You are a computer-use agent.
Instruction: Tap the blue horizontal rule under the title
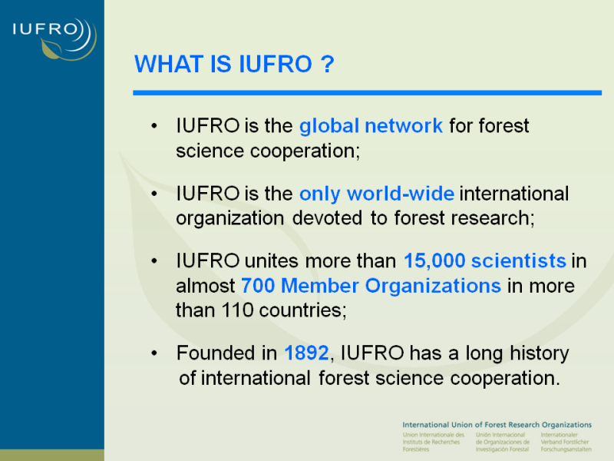click(x=367, y=93)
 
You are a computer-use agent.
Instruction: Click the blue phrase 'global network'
click(x=371, y=126)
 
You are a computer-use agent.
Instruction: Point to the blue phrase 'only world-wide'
click(x=377, y=194)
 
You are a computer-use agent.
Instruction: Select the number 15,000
click(x=434, y=260)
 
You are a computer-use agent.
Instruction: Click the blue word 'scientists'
click(x=519, y=260)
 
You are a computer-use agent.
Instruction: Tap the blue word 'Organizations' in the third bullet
click(x=433, y=286)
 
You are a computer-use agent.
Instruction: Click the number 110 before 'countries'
click(x=237, y=310)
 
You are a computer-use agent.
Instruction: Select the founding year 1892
click(x=306, y=353)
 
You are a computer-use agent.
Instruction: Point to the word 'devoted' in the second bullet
click(x=327, y=218)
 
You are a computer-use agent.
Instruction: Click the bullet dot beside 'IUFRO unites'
click(x=154, y=261)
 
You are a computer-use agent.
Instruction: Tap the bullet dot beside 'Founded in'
click(x=154, y=353)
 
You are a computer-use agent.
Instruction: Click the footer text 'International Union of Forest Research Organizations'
click(x=497, y=425)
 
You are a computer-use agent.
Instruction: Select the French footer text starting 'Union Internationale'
click(x=433, y=442)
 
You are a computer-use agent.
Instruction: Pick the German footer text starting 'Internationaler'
click(x=566, y=442)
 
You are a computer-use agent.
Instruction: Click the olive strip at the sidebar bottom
click(x=52, y=455)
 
